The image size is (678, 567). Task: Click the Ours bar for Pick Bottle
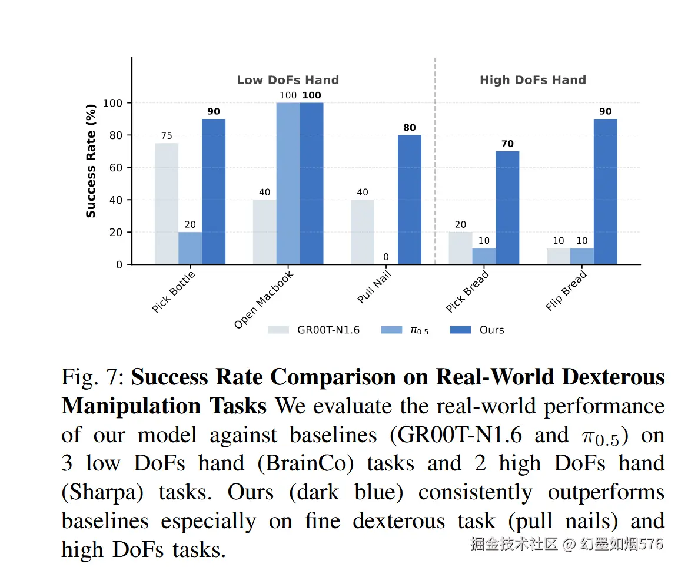(214, 191)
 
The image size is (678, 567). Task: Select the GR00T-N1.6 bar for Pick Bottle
(167, 204)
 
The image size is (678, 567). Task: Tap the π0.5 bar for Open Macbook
(288, 183)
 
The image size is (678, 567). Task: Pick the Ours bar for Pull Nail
(410, 200)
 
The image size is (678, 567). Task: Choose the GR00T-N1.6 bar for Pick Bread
(460, 248)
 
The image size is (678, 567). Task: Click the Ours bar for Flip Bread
(605, 191)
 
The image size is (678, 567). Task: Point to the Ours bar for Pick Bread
(507, 208)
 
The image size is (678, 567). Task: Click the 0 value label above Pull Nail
(386, 257)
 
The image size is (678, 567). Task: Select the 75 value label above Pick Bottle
(167, 136)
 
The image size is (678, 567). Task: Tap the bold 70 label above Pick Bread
(507, 144)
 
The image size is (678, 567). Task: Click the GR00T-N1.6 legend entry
(314, 330)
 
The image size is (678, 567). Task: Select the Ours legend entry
(477, 330)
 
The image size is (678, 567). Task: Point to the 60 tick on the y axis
(116, 168)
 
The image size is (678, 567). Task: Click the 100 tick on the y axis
(113, 103)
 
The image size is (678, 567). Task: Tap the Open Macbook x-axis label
(263, 300)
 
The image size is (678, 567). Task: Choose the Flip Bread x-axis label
(566, 291)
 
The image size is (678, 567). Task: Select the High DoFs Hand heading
(533, 80)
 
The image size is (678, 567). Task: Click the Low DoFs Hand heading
(288, 80)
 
